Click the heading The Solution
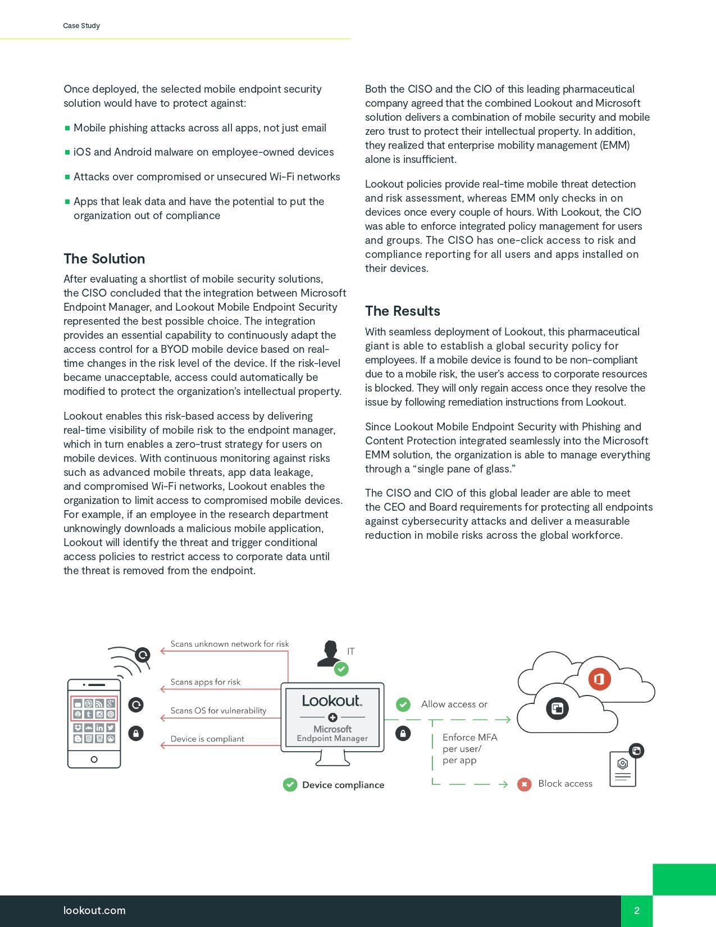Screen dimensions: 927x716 coord(104,259)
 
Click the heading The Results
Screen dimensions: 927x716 coord(403,311)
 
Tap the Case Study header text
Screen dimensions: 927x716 coord(81,26)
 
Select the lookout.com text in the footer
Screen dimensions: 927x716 coord(94,911)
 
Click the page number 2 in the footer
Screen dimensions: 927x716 coord(637,911)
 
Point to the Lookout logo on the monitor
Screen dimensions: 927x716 coord(332,701)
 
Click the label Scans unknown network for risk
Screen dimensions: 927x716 coord(230,644)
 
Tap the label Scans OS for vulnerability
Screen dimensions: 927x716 coord(218,711)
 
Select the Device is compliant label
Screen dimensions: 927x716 coord(207,739)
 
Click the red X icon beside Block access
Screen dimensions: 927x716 coord(525,784)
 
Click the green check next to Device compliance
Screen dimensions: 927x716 coord(290,785)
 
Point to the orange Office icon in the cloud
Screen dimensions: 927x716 coord(599,679)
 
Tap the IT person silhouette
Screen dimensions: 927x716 coord(329,653)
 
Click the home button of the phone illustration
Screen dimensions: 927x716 coord(94,760)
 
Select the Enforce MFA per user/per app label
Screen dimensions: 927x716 coord(469,749)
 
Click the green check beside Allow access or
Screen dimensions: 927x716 coord(403,705)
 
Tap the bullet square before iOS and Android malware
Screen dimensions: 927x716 coord(67,152)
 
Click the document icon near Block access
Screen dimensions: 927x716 coord(623,769)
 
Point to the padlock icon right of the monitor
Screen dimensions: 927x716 coord(403,733)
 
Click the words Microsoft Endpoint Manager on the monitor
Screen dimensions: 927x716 coord(332,734)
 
